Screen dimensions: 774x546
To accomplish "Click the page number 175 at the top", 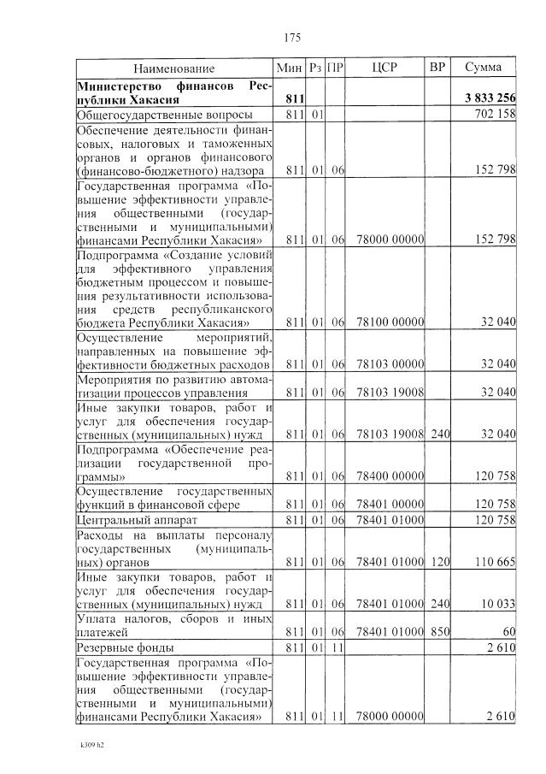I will point(291,37).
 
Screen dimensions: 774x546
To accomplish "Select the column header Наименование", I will point(173,68).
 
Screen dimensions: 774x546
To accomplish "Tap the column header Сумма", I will point(483,67).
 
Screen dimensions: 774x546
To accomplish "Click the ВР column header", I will point(437,67).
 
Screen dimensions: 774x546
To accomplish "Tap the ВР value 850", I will point(439,632).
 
